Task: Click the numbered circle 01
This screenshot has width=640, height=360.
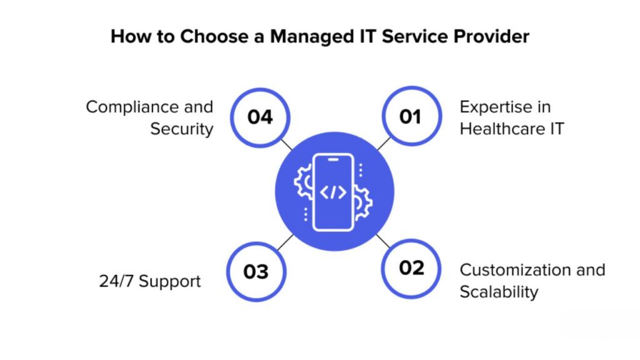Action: [411, 116]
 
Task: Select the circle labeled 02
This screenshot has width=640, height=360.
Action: [411, 269]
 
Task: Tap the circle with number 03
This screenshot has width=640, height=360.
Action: [256, 272]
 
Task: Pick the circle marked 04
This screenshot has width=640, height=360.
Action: [260, 117]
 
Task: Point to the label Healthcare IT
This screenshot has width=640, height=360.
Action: [512, 129]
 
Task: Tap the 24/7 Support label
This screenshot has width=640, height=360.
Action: [150, 281]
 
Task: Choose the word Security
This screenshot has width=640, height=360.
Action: [182, 129]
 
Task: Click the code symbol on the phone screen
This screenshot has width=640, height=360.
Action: [333, 192]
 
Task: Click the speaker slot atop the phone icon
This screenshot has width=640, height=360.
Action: [333, 159]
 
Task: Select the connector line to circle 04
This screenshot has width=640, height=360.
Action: [286, 144]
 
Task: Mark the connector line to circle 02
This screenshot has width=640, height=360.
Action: [383, 241]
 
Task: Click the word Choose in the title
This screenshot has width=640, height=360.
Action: [214, 36]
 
